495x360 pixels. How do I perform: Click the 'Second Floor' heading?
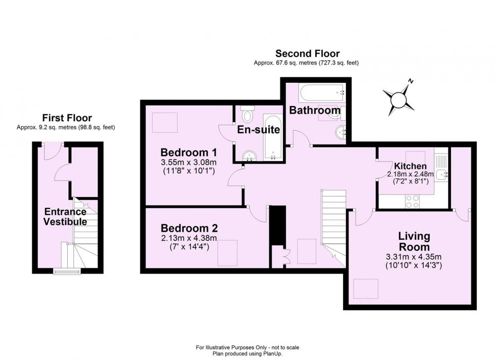pyautogui.click(x=307, y=53)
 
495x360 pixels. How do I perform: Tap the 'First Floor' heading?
pyautogui.click(x=67, y=118)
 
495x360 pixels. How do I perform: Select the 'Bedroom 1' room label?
pyautogui.click(x=189, y=152)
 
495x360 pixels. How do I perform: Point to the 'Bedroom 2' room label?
pyautogui.click(x=189, y=228)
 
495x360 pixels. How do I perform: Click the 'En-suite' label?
pyautogui.click(x=258, y=129)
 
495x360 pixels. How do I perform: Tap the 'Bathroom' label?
pyautogui.click(x=315, y=110)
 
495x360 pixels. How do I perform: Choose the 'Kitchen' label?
pyautogui.click(x=410, y=166)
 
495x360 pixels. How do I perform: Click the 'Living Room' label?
pyautogui.click(x=414, y=241)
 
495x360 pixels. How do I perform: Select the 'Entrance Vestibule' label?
pyautogui.click(x=65, y=216)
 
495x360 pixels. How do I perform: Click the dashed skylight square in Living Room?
pyautogui.click(x=366, y=289)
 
